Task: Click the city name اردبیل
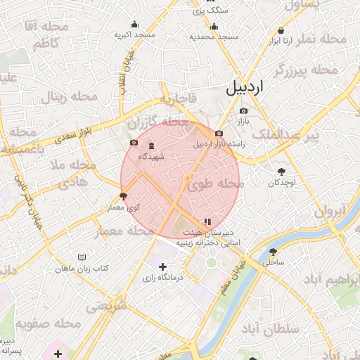(x=245, y=88)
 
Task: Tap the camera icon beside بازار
(x=244, y=110)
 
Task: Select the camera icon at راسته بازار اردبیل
(x=219, y=134)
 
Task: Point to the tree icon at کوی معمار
(x=124, y=195)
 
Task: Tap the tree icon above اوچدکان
(x=282, y=172)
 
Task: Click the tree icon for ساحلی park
(x=273, y=251)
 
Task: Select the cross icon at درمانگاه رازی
(x=163, y=266)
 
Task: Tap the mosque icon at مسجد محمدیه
(x=214, y=27)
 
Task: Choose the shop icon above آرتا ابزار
(x=281, y=31)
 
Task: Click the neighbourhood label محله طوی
(x=216, y=184)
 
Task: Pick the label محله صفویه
(x=49, y=324)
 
